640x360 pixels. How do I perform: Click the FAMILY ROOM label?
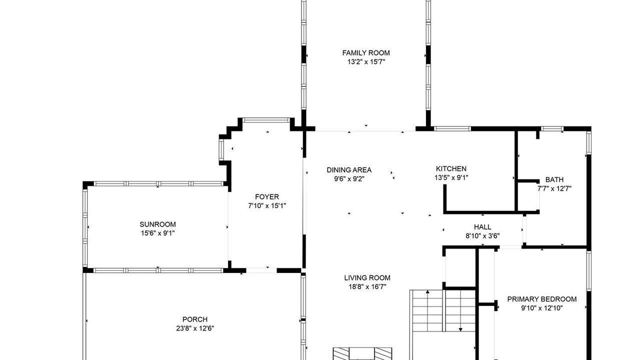366,53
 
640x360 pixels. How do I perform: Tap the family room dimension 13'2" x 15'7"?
366,61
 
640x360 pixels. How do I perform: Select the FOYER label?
267,197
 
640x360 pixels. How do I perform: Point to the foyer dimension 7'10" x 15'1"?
267,205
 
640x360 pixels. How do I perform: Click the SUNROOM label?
157,224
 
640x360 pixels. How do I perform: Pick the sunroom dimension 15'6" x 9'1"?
157,233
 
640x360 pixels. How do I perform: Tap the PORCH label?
195,319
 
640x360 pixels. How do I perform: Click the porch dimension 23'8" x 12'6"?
195,328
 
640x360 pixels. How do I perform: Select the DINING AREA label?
349,170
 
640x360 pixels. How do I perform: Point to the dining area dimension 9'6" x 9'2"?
349,179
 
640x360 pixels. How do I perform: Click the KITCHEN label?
451,168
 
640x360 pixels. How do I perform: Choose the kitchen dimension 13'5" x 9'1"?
451,177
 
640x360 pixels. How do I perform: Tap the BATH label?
554,179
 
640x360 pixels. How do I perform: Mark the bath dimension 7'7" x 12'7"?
554,188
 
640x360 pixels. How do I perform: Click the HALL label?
482,227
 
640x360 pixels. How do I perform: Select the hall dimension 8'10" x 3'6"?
482,236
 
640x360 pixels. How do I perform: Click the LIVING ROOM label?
367,277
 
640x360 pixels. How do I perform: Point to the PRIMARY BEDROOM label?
541,299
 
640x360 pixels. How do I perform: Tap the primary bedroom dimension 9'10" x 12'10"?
541,308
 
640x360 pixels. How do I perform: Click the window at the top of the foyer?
266,120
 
